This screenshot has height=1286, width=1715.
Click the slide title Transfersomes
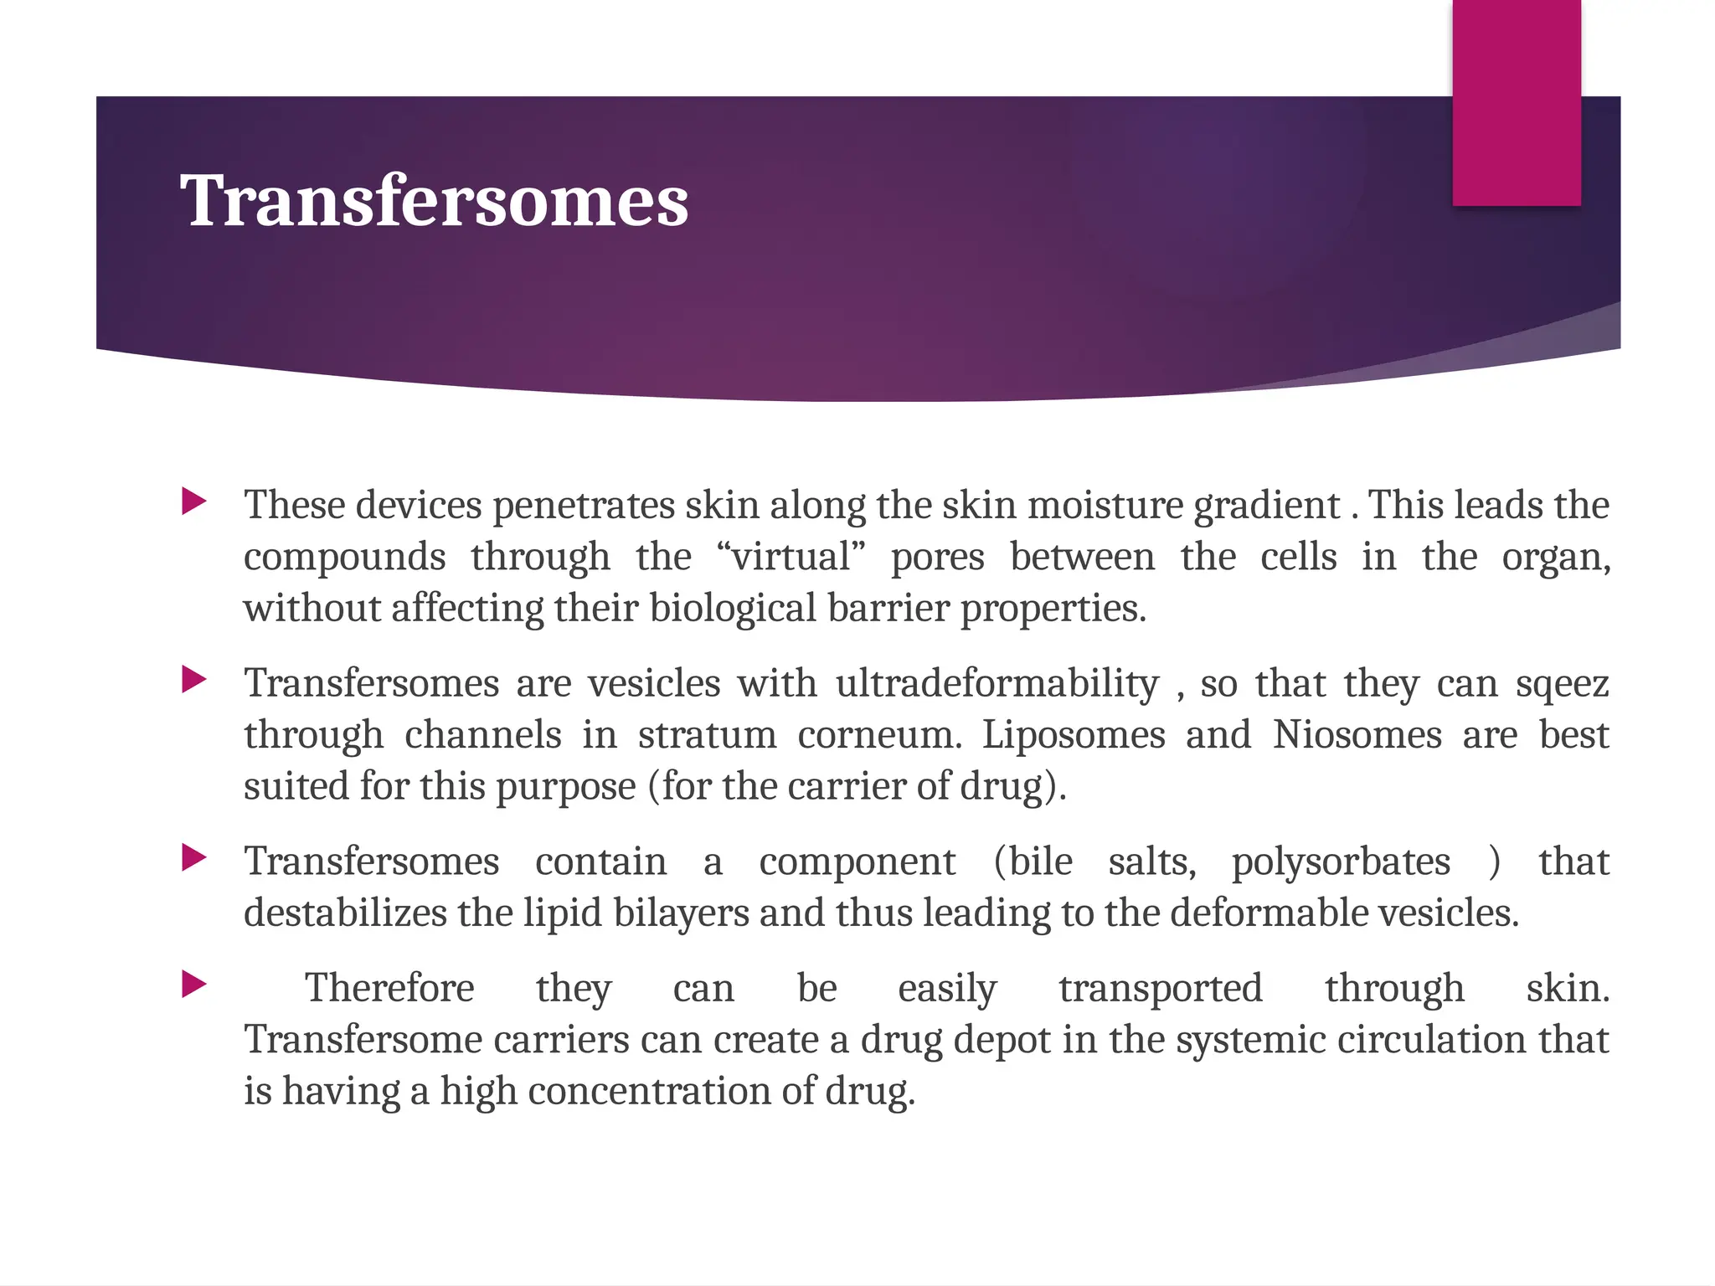tap(434, 201)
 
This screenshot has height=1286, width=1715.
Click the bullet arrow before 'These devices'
tap(193, 502)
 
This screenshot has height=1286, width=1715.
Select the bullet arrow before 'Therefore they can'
tap(193, 984)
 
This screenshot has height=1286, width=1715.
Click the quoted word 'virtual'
tap(791, 557)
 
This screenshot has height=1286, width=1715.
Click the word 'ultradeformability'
tap(997, 683)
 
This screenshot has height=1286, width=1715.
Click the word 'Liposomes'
tap(1074, 735)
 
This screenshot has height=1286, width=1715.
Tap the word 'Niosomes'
tap(1357, 735)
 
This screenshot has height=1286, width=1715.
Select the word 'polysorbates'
tap(1341, 862)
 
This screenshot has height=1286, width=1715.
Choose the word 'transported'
tap(1160, 989)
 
